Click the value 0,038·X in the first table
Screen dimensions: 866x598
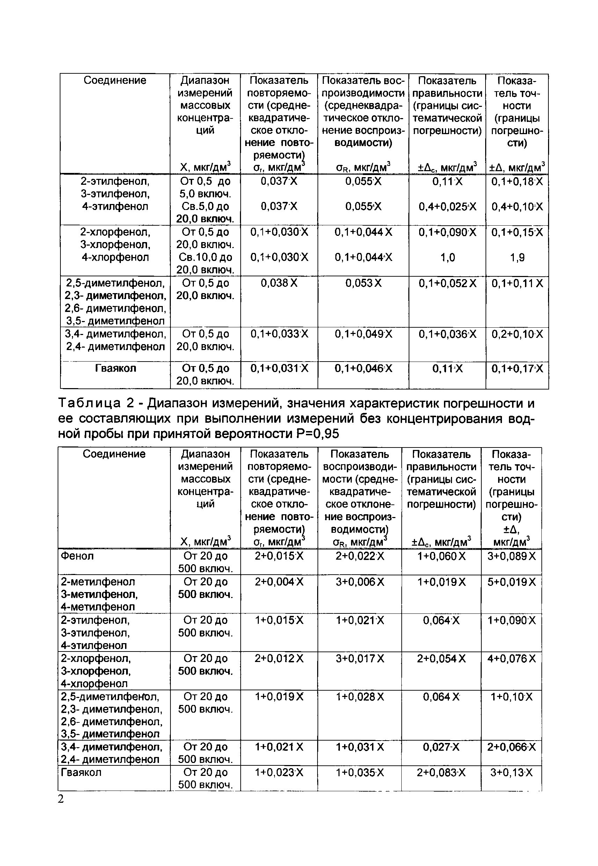pyautogui.click(x=279, y=283)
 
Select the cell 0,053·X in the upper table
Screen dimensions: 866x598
pyautogui.click(x=363, y=283)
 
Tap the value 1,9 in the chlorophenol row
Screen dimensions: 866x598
pyautogui.click(x=517, y=258)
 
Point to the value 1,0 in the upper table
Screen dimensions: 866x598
pyautogui.click(x=447, y=258)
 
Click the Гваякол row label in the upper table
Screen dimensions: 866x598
pyautogui.click(x=115, y=368)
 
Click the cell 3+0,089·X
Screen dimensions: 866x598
pyautogui.click(x=511, y=556)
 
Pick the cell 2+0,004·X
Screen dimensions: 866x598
pyautogui.click(x=279, y=582)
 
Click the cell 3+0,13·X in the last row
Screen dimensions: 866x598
pyautogui.click(x=511, y=773)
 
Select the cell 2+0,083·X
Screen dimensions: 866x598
pyautogui.click(x=441, y=773)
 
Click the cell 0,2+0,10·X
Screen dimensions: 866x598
pyautogui.click(x=517, y=334)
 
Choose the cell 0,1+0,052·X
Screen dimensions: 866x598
pyautogui.click(x=447, y=283)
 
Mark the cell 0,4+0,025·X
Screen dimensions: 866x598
pyautogui.click(x=447, y=207)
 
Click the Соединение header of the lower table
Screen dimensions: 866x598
pyautogui.click(x=114, y=454)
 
